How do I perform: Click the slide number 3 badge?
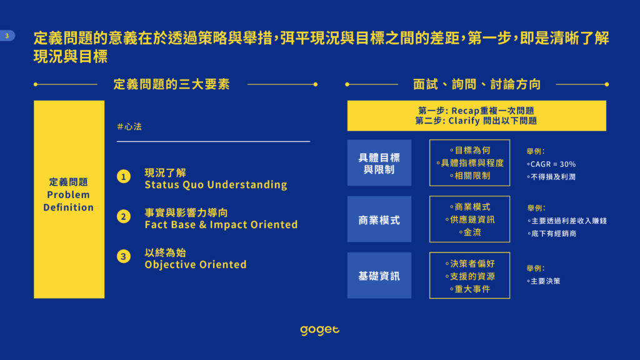click(7, 36)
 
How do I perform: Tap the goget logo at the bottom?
click(319, 330)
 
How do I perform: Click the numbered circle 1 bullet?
click(124, 177)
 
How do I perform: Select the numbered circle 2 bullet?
click(124, 216)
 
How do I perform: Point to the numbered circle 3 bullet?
click(124, 256)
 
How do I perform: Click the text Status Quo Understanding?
click(216, 185)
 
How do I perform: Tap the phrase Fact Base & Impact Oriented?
click(221, 224)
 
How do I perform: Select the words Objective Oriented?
click(196, 264)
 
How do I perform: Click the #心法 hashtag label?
click(129, 126)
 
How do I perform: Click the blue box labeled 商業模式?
click(379, 219)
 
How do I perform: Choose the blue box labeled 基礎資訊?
click(379, 276)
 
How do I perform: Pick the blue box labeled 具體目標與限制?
click(379, 163)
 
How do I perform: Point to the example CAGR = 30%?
click(551, 164)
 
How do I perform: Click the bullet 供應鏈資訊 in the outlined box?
click(470, 219)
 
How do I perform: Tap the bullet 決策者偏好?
click(470, 264)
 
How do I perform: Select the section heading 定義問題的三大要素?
click(172, 84)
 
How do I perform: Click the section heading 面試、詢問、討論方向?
click(477, 84)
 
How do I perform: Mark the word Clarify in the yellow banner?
click(464, 121)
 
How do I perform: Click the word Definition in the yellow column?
click(69, 207)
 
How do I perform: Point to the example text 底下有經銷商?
click(551, 234)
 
